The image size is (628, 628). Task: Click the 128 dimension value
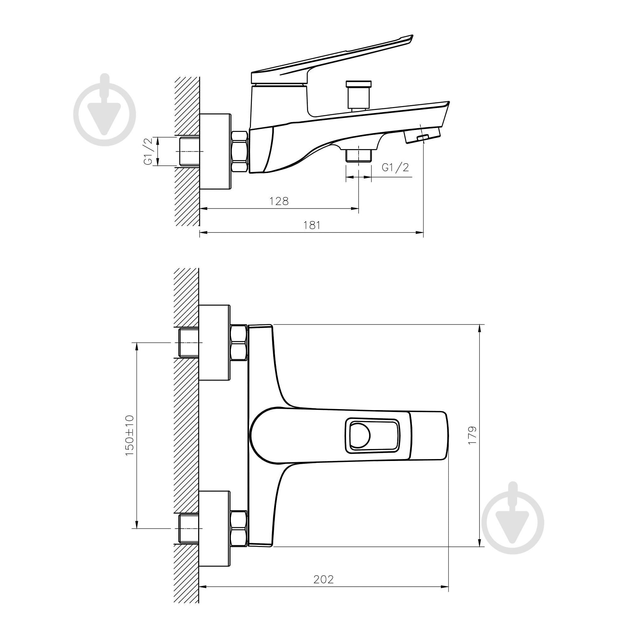pyautogui.click(x=279, y=201)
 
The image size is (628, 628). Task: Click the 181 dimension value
pyautogui.click(x=312, y=225)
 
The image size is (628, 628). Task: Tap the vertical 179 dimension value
pyautogui.click(x=472, y=435)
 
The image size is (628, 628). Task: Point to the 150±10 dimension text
pyautogui.click(x=129, y=435)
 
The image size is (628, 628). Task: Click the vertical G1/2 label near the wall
pyautogui.click(x=148, y=151)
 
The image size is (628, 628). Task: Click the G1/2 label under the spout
pyautogui.click(x=395, y=167)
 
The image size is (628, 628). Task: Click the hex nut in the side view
pyautogui.click(x=240, y=151)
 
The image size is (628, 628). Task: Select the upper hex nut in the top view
pyautogui.click(x=239, y=343)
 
